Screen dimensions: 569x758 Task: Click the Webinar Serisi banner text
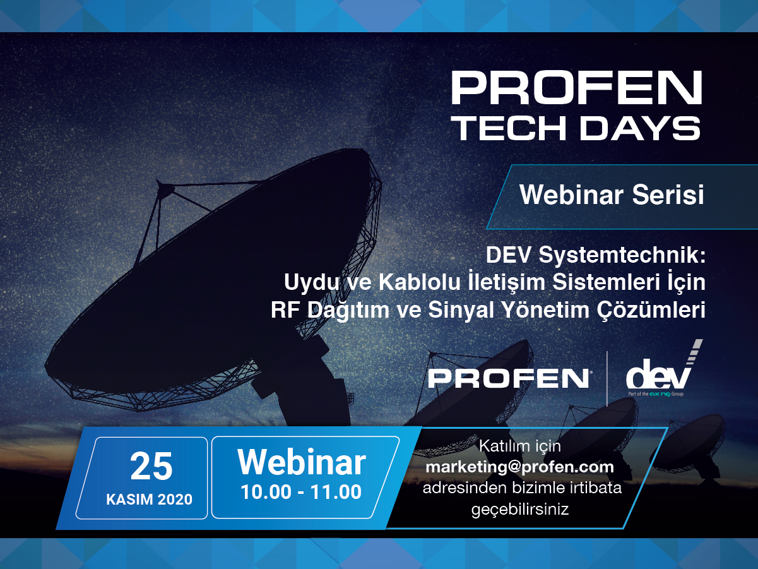611,195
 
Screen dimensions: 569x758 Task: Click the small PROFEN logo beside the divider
509,378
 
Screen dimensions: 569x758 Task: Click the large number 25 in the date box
151,467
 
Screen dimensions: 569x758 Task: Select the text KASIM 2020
150,500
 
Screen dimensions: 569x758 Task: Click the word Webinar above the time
302,462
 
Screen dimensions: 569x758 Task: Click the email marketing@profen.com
519,467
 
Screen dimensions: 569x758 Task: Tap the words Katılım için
519,446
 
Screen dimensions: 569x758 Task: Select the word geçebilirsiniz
519,509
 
